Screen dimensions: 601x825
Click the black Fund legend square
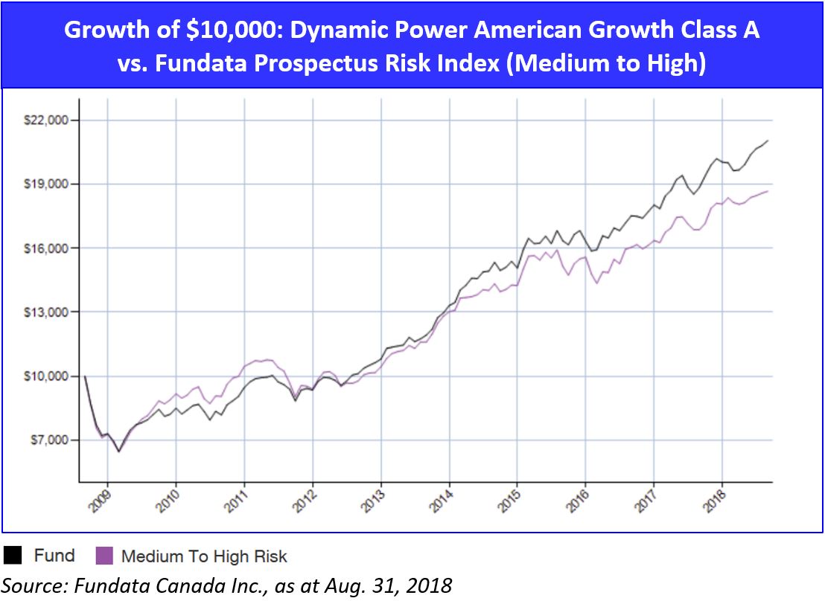[13, 556]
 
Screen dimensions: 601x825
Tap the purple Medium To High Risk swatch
[105, 556]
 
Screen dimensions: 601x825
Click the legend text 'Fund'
[54, 556]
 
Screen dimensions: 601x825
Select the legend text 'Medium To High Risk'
[203, 556]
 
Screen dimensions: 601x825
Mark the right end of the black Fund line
[768, 140]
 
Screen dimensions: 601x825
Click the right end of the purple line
[768, 191]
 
